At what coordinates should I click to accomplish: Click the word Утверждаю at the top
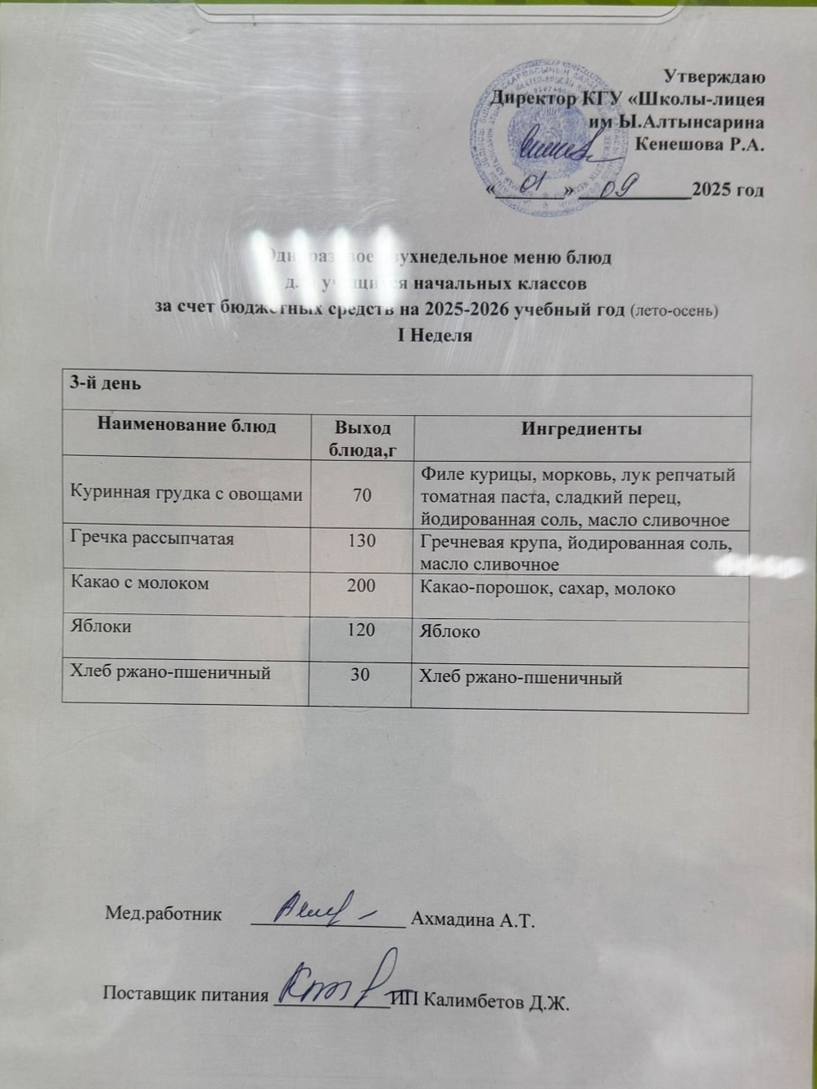click(714, 78)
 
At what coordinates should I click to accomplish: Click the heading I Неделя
click(435, 335)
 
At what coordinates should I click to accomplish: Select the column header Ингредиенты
click(581, 429)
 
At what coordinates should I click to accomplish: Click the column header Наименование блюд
click(187, 426)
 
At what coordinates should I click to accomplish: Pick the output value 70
click(361, 495)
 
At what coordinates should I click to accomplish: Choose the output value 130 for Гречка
click(361, 540)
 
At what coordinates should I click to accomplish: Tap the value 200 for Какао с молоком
click(361, 585)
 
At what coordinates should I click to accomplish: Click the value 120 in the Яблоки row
click(361, 630)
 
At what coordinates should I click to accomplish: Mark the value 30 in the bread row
click(360, 674)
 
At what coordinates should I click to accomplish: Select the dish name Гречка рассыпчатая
click(152, 539)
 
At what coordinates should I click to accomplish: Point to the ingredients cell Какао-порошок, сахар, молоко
click(547, 588)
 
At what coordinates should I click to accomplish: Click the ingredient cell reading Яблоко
click(449, 632)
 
